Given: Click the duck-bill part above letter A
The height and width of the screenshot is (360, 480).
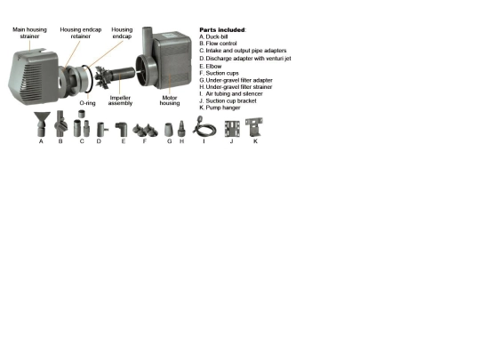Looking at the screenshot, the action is (x=42, y=124).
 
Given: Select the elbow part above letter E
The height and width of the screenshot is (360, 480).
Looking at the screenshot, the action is (x=123, y=129).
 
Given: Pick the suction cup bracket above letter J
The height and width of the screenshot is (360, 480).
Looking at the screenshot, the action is (x=232, y=129).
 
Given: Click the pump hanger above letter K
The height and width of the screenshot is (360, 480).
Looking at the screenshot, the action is (x=254, y=127).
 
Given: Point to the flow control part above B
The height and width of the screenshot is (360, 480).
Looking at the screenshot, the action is (x=60, y=124).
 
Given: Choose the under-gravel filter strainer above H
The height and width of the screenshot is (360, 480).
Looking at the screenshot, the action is (x=181, y=129).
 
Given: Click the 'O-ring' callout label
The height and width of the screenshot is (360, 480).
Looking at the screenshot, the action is (x=87, y=103).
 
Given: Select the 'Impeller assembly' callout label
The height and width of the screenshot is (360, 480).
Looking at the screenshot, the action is (x=120, y=100).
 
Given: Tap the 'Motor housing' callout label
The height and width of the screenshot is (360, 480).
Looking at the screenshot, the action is (x=170, y=100).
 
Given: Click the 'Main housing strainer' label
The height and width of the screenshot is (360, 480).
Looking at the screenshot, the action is (x=29, y=33).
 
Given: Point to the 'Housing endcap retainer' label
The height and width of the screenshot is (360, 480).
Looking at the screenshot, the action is (x=81, y=33).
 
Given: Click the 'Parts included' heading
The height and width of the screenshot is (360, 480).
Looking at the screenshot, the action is (x=222, y=29).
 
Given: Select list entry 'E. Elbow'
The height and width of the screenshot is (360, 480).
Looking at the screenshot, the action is (x=211, y=67).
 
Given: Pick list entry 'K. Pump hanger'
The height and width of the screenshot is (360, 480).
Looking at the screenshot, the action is (x=220, y=108).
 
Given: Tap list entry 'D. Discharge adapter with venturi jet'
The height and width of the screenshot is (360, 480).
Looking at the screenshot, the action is (x=245, y=58).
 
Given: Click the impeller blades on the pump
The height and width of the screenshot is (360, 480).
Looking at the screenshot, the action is (x=102, y=77).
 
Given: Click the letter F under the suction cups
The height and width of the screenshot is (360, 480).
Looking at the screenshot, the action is (x=145, y=141).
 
